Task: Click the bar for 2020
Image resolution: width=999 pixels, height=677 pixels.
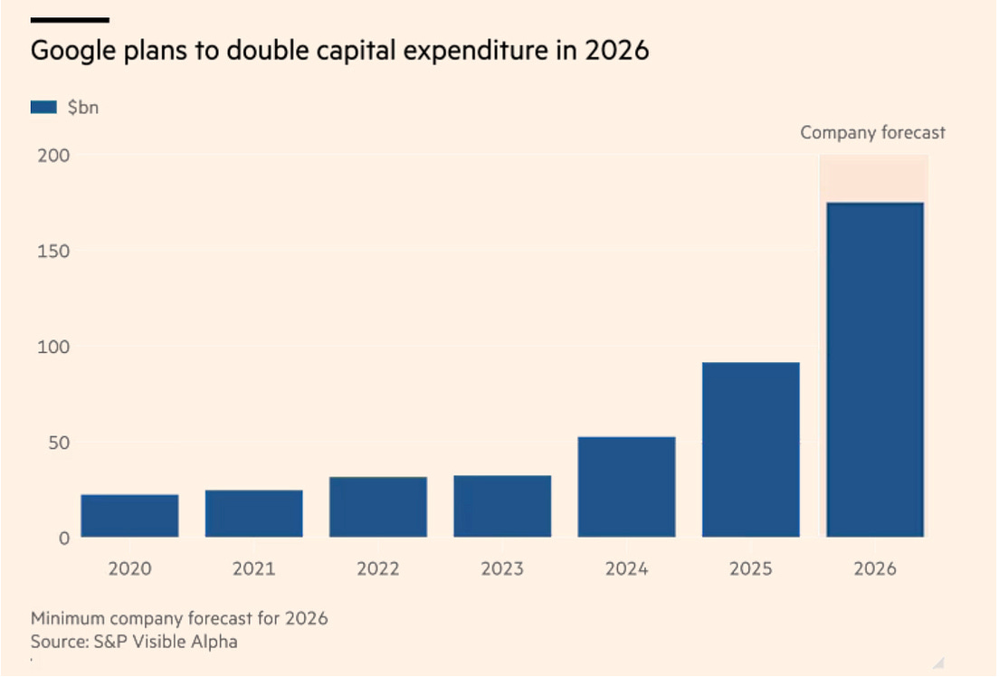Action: (x=129, y=516)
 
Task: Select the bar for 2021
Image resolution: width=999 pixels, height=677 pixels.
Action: (x=253, y=513)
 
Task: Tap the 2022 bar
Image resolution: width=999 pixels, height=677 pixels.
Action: (x=378, y=507)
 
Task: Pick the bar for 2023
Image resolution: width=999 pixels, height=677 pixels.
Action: (x=502, y=506)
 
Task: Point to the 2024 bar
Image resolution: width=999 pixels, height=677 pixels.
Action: (x=626, y=487)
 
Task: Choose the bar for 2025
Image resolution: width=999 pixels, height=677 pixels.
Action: (x=751, y=450)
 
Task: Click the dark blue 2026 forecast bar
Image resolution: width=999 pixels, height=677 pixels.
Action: (x=875, y=369)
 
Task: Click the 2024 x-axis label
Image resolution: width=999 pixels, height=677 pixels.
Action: (x=626, y=569)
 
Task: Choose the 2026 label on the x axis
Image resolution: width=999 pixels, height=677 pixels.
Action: (x=875, y=569)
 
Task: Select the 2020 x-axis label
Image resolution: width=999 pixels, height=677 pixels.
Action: (x=129, y=569)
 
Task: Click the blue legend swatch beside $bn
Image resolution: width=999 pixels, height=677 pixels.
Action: (x=43, y=107)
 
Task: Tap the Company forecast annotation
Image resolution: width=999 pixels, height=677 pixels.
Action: (x=872, y=133)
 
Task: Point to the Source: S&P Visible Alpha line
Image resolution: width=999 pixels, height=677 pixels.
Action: (x=134, y=642)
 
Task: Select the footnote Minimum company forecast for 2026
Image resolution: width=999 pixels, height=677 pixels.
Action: (x=179, y=619)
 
